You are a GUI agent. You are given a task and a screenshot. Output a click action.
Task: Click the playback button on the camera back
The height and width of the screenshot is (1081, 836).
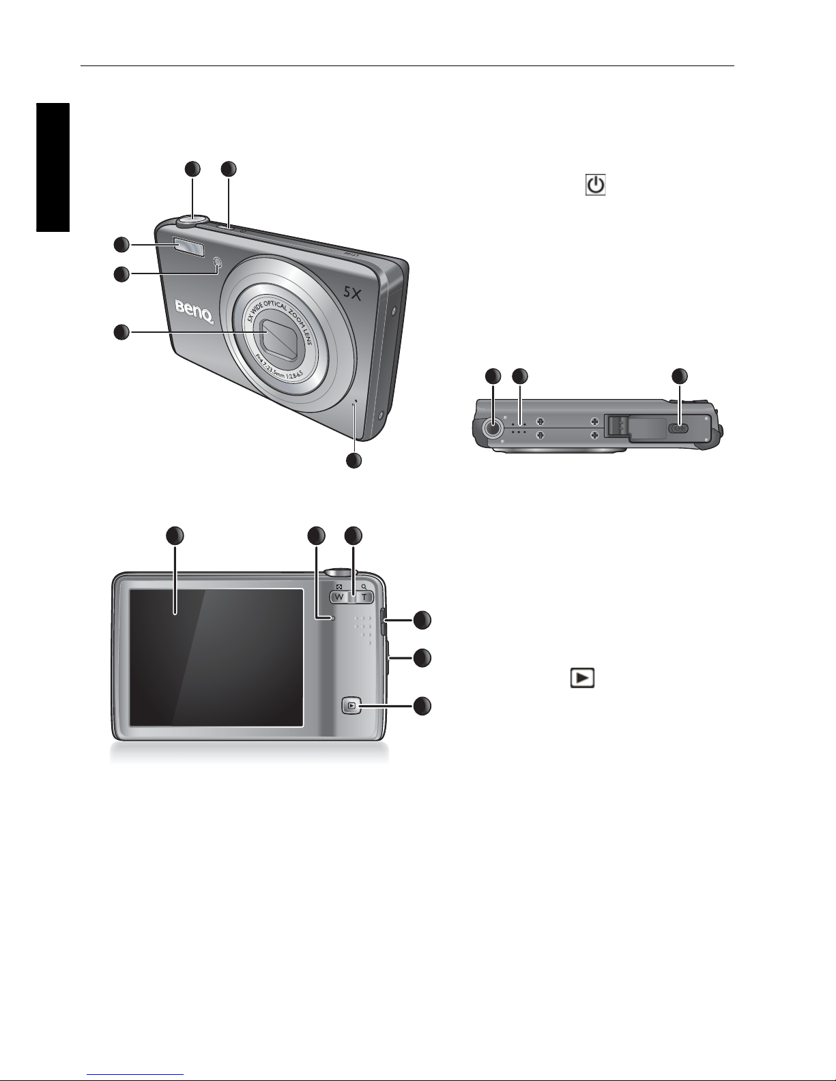(351, 705)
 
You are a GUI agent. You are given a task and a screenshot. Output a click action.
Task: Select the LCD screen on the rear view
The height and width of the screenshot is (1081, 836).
(216, 657)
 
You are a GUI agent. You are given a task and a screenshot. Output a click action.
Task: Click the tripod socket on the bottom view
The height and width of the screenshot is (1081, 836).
(491, 428)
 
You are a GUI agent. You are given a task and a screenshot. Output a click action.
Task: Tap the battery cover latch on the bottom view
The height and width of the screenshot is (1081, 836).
(680, 428)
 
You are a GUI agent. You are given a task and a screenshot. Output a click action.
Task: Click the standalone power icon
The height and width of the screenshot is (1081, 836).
(596, 186)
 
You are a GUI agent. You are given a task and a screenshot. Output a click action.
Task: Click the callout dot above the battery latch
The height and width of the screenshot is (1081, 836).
(680, 376)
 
